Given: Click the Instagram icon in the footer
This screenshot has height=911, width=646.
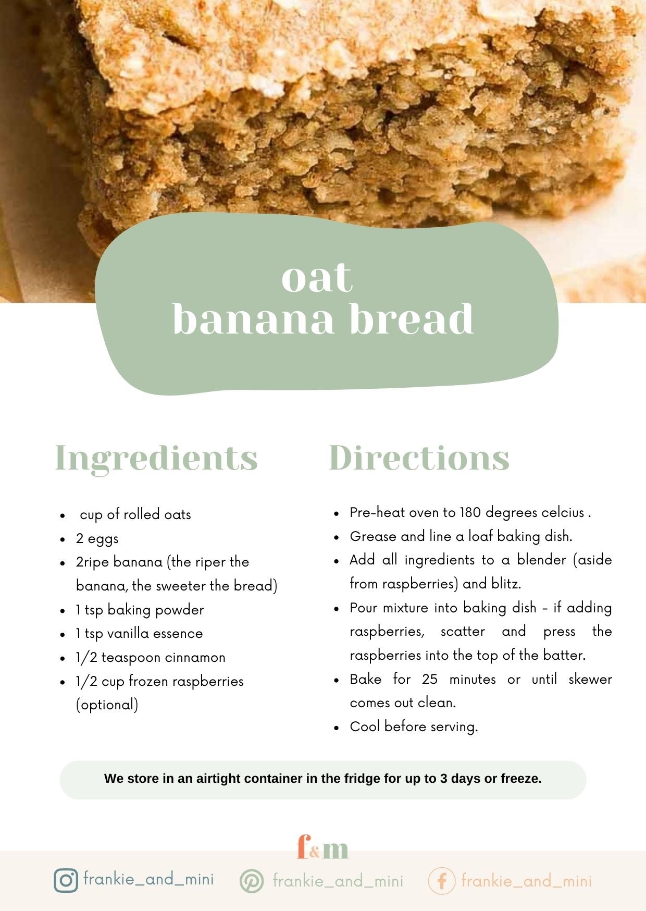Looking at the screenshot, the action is (x=66, y=880).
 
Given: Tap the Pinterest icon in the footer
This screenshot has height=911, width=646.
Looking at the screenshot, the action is (x=252, y=881).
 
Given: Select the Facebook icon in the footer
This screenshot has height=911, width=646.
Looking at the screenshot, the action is (x=441, y=881).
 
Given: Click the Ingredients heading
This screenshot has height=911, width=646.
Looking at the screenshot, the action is (x=156, y=458).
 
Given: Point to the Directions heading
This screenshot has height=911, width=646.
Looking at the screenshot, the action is (x=419, y=458).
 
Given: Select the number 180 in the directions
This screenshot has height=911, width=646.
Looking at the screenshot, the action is (x=470, y=512).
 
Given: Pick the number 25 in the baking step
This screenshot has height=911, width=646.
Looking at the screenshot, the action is (x=430, y=679).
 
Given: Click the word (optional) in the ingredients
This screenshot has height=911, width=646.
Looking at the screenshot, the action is (x=107, y=705).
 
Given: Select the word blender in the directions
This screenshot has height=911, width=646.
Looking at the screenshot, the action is (x=541, y=560).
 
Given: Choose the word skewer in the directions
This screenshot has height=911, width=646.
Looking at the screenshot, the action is (x=590, y=679).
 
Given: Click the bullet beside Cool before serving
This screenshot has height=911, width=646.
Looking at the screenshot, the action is (x=337, y=728).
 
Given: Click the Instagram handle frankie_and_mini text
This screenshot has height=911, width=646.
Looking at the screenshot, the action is (x=148, y=880).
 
